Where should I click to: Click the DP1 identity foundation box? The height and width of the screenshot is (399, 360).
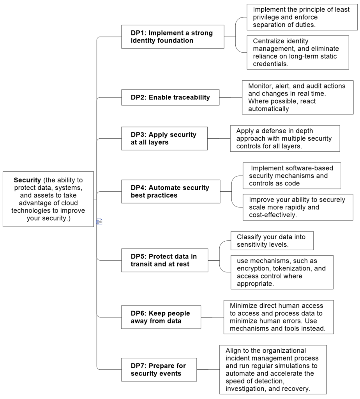click(173, 37)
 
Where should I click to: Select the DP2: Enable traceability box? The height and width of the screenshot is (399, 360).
click(170, 97)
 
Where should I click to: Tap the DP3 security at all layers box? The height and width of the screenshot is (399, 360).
click(164, 138)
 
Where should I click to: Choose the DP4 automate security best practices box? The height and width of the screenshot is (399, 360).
click(171, 191)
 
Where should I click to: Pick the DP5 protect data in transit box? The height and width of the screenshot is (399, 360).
click(164, 260)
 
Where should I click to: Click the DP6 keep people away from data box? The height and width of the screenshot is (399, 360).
click(161, 317)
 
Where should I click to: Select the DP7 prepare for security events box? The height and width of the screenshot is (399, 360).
click(159, 369)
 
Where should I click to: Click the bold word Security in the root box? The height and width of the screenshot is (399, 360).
click(27, 180)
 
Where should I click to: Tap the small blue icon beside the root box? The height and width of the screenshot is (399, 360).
click(99, 222)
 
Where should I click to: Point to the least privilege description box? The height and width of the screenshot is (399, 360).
click(302, 17)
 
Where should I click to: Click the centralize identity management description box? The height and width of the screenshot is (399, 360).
click(298, 53)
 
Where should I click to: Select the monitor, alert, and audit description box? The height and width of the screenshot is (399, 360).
click(298, 97)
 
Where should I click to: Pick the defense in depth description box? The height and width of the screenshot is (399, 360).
click(285, 138)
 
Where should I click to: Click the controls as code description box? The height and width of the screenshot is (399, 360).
click(292, 176)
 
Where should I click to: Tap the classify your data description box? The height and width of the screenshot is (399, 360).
click(272, 240)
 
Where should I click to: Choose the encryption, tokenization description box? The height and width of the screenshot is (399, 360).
click(282, 272)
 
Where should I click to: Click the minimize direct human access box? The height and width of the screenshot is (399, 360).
click(279, 317)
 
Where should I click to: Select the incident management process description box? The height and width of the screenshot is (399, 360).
click(273, 369)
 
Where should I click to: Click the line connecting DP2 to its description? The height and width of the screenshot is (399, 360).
click(231, 97)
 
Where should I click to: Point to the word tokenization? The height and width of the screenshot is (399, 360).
click(292, 268)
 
